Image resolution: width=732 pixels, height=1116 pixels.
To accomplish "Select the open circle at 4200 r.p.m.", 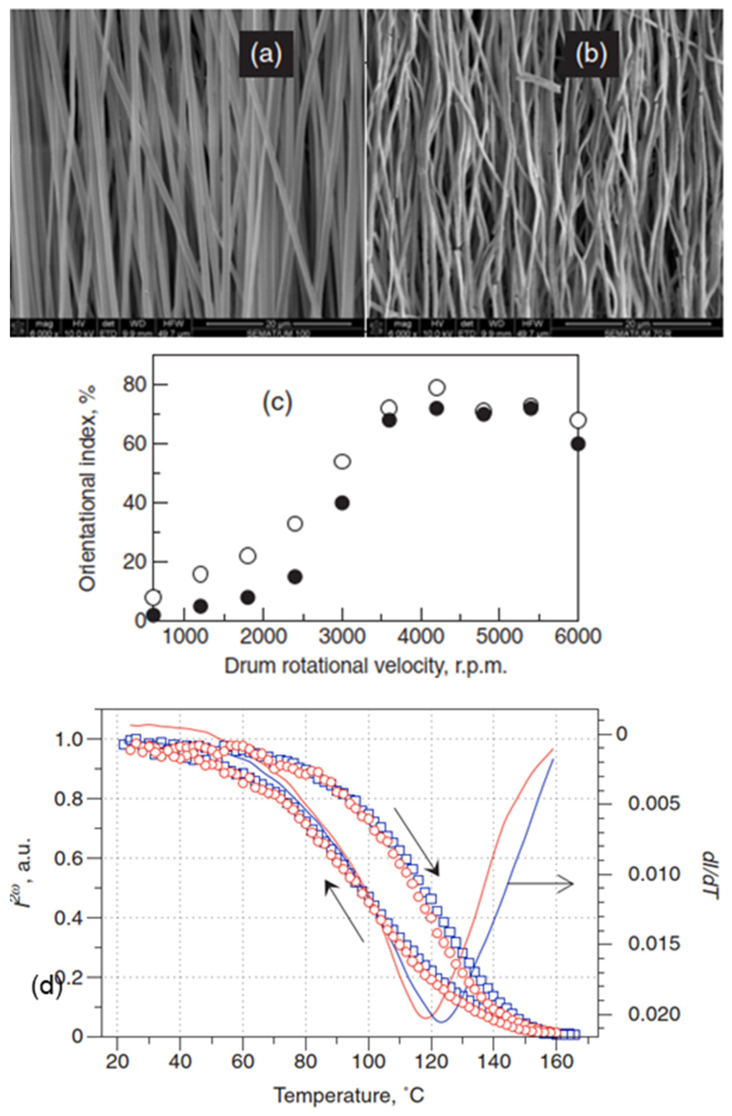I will click(437, 387).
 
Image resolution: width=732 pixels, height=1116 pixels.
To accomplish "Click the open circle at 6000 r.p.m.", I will click(578, 420).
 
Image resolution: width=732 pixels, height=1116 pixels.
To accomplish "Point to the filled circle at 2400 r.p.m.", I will click(295, 577).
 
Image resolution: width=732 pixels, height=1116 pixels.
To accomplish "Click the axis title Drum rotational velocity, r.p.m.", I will click(365, 666).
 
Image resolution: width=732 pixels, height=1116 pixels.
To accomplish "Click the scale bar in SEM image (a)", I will click(279, 324).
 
